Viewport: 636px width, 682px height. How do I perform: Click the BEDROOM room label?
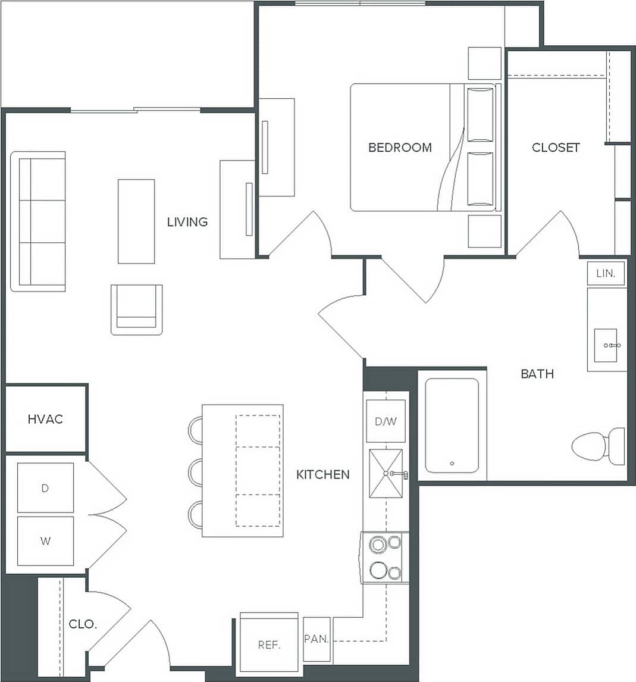pyautogui.click(x=400, y=148)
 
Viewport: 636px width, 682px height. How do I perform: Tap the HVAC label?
pyautogui.click(x=45, y=419)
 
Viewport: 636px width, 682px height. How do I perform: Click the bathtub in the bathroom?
pyautogui.click(x=452, y=425)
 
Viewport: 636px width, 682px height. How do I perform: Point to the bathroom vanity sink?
pyautogui.click(x=606, y=345)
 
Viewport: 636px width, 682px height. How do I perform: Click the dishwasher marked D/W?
pyautogui.click(x=386, y=422)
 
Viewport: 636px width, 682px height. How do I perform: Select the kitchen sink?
pyautogui.click(x=386, y=473)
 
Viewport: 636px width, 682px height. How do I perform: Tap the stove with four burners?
pyautogui.click(x=385, y=558)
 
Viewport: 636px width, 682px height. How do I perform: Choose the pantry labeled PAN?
pyautogui.click(x=317, y=639)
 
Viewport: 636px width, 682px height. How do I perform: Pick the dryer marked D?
pyautogui.click(x=45, y=488)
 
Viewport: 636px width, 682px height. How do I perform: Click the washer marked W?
pyautogui.click(x=45, y=541)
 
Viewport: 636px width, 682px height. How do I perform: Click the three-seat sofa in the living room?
pyautogui.click(x=39, y=221)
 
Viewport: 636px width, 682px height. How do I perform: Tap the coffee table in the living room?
pyautogui.click(x=136, y=221)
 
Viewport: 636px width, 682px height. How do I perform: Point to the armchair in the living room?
pyautogui.click(x=136, y=309)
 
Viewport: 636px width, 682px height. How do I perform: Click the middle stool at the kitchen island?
pyautogui.click(x=195, y=472)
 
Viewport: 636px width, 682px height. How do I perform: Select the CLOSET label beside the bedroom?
pyautogui.click(x=556, y=148)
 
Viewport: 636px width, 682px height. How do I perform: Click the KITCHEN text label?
pyautogui.click(x=323, y=474)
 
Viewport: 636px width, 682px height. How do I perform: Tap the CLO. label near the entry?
pyautogui.click(x=83, y=624)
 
